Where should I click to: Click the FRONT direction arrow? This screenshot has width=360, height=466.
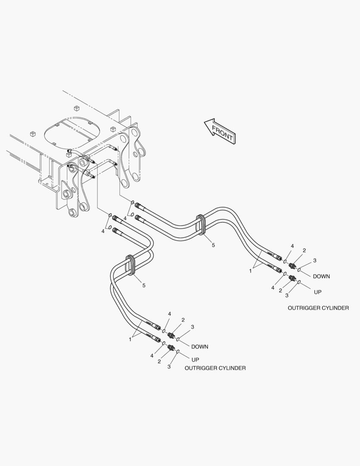pyautogui.click(x=220, y=131)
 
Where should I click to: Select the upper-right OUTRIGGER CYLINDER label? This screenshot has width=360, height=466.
pyautogui.click(x=318, y=308)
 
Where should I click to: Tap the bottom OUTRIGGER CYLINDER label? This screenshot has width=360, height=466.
pyautogui.click(x=215, y=368)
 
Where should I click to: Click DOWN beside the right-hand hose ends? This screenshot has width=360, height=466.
pyautogui.click(x=321, y=276)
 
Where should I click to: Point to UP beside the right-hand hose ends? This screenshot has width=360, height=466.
pyautogui.click(x=317, y=292)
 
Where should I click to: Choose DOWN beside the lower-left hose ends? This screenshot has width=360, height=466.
pyautogui.click(x=200, y=346)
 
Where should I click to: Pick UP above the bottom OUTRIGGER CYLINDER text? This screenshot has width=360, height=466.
pyautogui.click(x=195, y=359)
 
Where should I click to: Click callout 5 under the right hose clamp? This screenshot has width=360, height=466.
pyautogui.click(x=213, y=245)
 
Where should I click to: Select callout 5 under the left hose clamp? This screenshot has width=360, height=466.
pyautogui.click(x=144, y=285)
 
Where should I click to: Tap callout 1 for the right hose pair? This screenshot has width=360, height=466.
pyautogui.click(x=250, y=271)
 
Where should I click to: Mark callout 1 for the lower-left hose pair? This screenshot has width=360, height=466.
pyautogui.click(x=130, y=340)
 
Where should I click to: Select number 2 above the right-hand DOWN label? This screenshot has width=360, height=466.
pyautogui.click(x=304, y=250)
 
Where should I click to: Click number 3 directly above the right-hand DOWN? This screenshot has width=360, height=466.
pyautogui.click(x=315, y=260)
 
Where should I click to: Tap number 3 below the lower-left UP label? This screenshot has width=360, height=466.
pyautogui.click(x=169, y=367)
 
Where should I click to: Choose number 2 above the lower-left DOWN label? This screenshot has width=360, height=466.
pyautogui.click(x=183, y=320)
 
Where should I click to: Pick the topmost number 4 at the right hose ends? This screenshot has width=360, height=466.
pyautogui.click(x=292, y=246)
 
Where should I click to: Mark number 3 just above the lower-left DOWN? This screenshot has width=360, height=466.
pyautogui.click(x=192, y=327)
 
